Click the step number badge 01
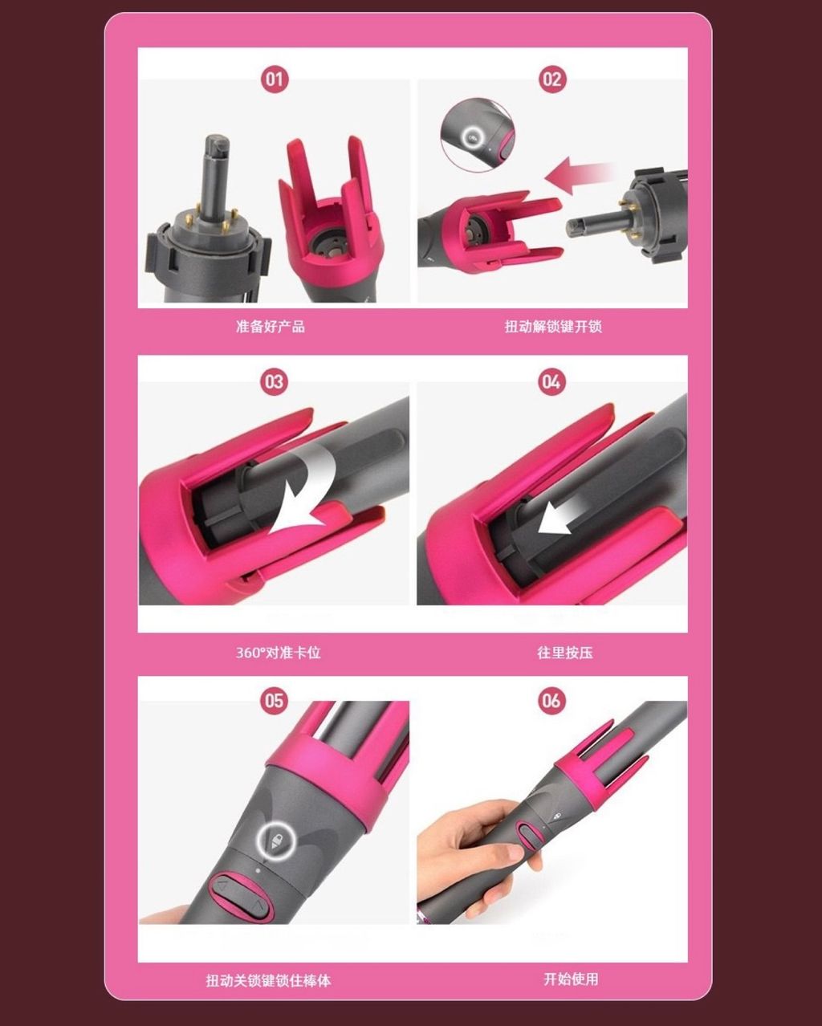point(275,79)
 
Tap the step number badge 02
point(552,79)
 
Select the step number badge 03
point(275,381)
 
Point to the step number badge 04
point(551,381)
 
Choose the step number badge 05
point(275,700)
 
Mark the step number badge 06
point(551,700)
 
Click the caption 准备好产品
point(271,327)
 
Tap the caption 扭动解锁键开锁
point(553,327)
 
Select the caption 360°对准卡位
point(279,652)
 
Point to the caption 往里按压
point(565,652)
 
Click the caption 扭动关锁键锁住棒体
point(268,981)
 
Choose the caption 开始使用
point(571,979)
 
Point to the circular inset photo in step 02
point(478,134)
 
